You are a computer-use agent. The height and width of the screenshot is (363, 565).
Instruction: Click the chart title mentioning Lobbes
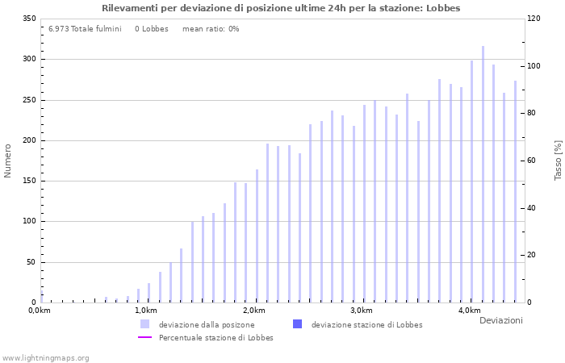[281, 8]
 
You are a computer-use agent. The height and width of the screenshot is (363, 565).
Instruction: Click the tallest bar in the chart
[483, 173]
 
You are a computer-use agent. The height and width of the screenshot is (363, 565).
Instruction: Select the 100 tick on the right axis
[535, 66]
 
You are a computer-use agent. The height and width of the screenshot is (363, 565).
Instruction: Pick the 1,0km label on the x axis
[145, 311]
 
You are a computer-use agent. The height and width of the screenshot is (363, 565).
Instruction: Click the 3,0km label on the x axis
[361, 311]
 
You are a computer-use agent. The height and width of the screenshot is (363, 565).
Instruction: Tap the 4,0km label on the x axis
[469, 311]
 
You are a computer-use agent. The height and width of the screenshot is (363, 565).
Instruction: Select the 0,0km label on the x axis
[40, 311]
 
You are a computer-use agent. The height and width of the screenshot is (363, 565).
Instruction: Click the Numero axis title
[8, 161]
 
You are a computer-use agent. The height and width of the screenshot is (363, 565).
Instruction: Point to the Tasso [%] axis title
[558, 161]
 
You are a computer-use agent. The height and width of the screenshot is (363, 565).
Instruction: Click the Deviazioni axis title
[500, 321]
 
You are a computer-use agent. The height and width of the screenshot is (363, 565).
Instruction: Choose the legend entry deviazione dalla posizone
[206, 324]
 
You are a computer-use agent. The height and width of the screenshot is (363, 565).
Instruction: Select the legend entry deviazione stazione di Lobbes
[366, 324]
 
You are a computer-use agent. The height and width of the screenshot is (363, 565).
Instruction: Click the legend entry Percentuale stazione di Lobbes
[216, 337]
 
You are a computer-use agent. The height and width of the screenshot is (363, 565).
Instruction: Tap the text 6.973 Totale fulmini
[85, 29]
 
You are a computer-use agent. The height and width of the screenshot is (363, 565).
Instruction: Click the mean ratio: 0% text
[211, 29]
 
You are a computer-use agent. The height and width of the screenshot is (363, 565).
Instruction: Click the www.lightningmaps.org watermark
[46, 357]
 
